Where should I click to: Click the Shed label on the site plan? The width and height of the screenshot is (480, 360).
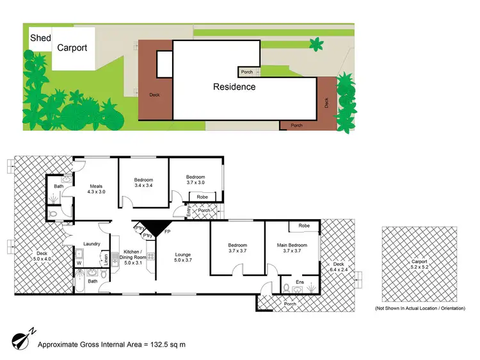pos(40,38)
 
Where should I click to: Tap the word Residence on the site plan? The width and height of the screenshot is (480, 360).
pos(234,87)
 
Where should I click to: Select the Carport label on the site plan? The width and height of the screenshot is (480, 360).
pos(72,47)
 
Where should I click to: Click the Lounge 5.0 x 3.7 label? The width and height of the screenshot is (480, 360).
pos(184,258)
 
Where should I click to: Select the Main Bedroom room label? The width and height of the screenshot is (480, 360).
pos(292,247)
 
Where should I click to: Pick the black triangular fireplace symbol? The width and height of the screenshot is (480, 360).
pos(153,227)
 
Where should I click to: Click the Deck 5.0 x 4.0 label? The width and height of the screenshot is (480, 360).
pos(42,256)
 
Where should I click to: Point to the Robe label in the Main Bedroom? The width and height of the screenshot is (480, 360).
pos(304,225)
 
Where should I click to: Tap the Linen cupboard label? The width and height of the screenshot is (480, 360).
pos(105,259)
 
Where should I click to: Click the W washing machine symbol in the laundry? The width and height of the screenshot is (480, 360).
pos(79,262)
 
